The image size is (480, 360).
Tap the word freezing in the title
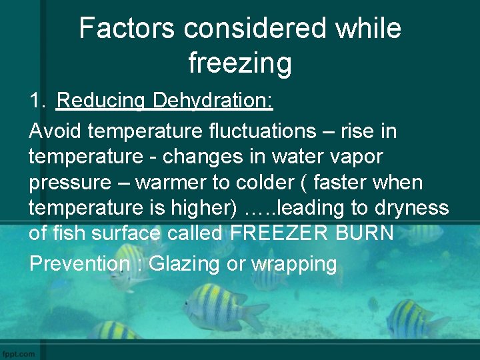tap(240, 63)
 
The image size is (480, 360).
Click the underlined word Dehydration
tap(213, 101)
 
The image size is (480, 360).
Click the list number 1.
tap(37, 101)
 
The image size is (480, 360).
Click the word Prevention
tap(79, 263)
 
